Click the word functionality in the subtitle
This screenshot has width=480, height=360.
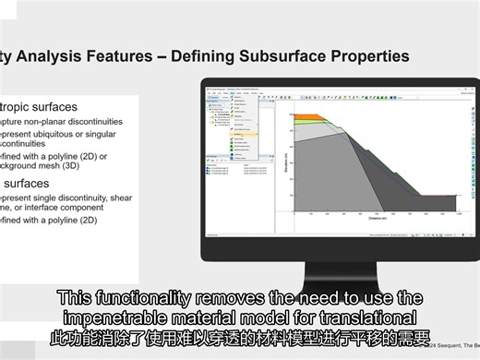click(x=139, y=298)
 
